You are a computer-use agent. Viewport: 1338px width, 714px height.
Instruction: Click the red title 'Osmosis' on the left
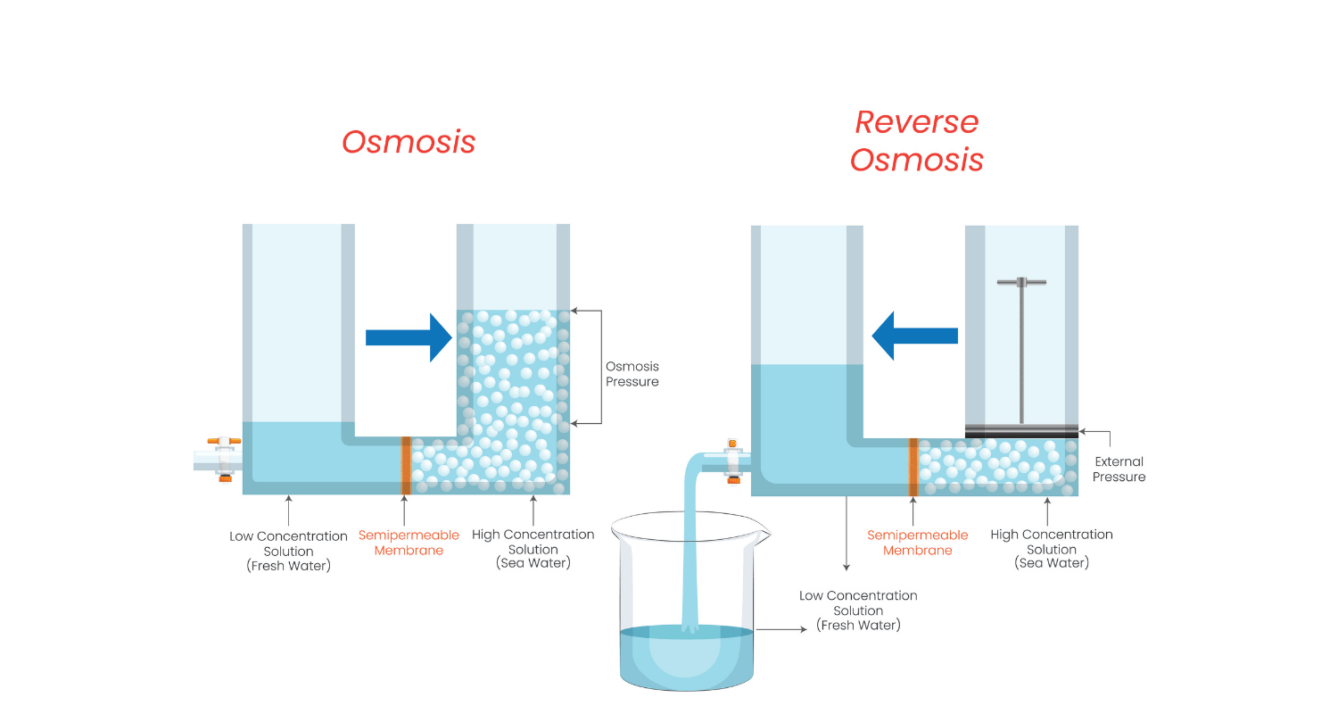tap(409, 143)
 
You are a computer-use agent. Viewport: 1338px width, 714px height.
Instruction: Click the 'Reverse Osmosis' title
tap(916, 141)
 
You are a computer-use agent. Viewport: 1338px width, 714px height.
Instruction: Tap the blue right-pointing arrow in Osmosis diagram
tap(409, 337)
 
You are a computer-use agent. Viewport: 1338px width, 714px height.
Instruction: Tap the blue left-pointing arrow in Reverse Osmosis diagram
tap(914, 336)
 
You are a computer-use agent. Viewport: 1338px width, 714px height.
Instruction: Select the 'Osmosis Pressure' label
tap(632, 374)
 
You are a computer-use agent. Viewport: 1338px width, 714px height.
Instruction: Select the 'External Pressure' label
tap(1119, 469)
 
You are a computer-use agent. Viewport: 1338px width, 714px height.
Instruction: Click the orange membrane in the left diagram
tap(406, 464)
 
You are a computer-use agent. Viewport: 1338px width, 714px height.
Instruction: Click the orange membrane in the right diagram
tap(913, 466)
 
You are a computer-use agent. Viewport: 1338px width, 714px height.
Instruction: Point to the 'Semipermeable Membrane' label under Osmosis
tap(409, 543)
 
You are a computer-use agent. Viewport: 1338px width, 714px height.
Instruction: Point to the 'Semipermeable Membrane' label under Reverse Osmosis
tap(917, 543)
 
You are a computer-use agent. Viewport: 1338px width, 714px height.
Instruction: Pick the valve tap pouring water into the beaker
tap(733, 461)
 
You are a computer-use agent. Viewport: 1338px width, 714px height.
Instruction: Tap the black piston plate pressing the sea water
tap(1021, 431)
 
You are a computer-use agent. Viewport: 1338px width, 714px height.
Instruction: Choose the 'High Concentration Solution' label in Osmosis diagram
tap(533, 548)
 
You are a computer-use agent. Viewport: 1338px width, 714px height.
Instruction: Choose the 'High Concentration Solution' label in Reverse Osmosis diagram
tap(1052, 548)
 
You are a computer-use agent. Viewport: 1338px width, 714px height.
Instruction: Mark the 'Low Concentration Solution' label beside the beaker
tap(858, 610)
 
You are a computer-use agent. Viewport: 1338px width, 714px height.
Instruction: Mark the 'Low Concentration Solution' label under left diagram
tap(288, 551)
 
